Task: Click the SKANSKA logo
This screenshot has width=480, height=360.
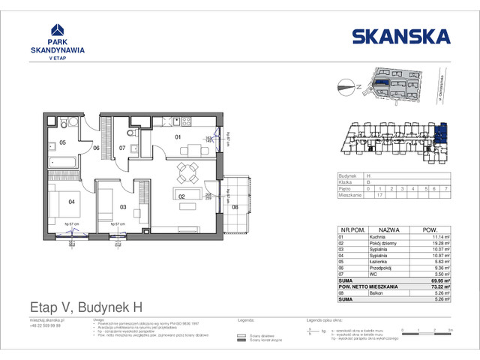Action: (400, 36)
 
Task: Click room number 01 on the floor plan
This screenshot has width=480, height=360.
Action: (178, 137)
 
